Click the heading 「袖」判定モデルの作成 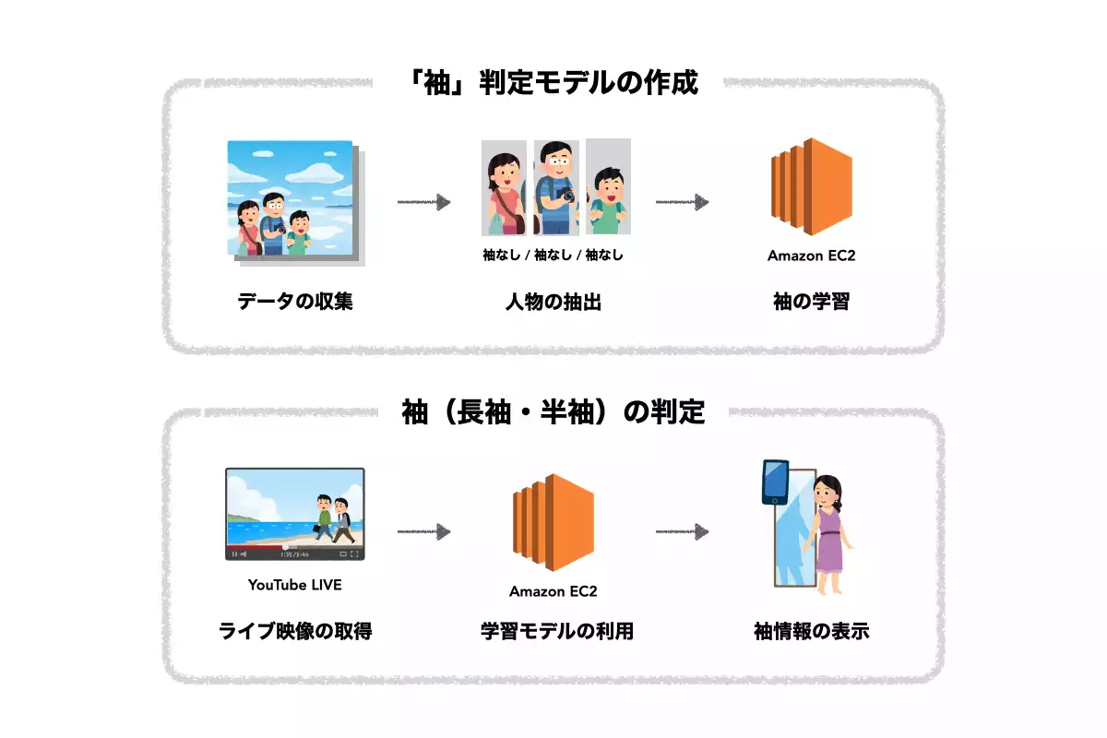(553, 83)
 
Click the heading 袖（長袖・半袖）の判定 (553, 411)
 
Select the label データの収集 (295, 302)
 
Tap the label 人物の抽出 (553, 302)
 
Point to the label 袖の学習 (811, 302)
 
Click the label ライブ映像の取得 (295, 632)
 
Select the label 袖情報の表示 (811, 632)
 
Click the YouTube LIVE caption (295, 585)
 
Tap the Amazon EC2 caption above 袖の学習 (811, 256)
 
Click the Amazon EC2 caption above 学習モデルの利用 (553, 591)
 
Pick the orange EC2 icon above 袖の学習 (811, 189)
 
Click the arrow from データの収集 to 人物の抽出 (423, 202)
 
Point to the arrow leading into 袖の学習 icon (682, 202)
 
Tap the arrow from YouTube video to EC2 (423, 531)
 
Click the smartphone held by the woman (775, 482)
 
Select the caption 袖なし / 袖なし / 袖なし (553, 256)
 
